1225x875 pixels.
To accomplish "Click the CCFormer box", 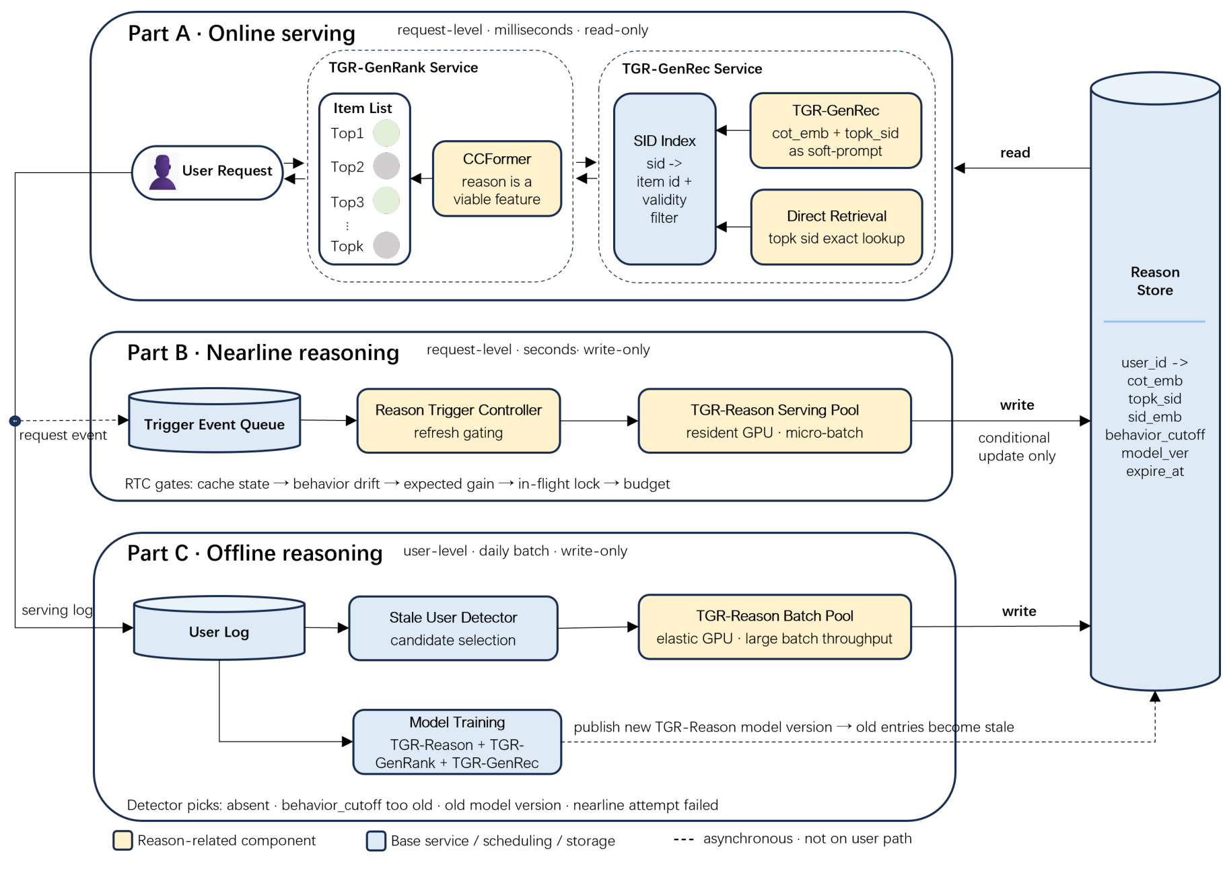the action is click(497, 178).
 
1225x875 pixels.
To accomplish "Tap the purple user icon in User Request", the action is click(162, 172).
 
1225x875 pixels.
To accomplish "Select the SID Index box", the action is click(664, 179).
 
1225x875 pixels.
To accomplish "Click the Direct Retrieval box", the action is click(836, 227).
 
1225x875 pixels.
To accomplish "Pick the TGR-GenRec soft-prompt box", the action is click(835, 131).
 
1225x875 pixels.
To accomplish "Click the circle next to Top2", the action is click(386, 166).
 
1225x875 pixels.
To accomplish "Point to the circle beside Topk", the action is click(386, 245).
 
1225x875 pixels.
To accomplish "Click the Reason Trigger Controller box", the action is click(458, 421).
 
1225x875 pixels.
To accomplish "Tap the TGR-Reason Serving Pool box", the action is click(775, 421).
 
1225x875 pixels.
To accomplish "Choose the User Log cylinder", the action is click(219, 627).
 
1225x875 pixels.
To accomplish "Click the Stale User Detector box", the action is click(453, 628).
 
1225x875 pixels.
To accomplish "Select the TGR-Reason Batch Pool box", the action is click(775, 627).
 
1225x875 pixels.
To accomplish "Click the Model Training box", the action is click(457, 742).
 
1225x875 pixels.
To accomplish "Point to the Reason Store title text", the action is click(1155, 281).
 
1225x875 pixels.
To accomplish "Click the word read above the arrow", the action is click(1015, 153).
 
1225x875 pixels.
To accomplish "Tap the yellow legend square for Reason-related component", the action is click(123, 841).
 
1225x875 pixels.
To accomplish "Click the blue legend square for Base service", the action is click(376, 841).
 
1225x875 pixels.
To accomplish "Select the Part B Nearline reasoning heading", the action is click(263, 353).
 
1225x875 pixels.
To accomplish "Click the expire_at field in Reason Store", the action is click(1155, 471).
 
